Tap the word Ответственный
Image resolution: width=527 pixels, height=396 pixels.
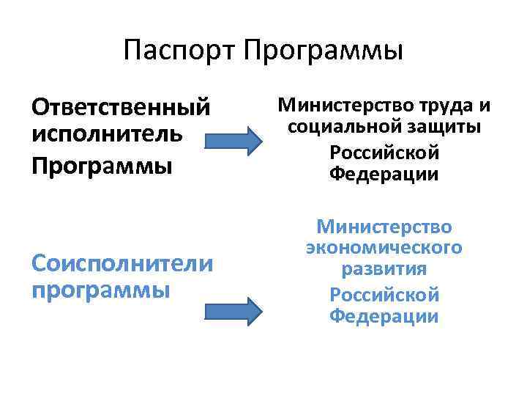121,109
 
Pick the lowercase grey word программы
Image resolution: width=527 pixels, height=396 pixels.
101,290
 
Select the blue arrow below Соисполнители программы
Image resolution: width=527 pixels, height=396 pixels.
231,310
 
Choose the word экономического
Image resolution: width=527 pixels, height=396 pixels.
384,247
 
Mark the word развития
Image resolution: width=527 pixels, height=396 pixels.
384,270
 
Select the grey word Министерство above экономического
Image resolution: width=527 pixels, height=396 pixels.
384,227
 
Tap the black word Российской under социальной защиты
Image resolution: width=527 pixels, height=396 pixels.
384,152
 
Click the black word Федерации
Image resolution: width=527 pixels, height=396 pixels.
384,175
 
